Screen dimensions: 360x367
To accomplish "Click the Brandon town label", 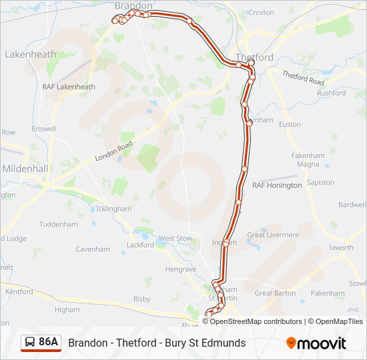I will coord(133,5).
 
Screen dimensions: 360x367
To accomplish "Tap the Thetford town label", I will coord(254,57).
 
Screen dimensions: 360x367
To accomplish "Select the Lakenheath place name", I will coord(29,54).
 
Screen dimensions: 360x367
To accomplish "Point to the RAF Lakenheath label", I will coord(68,87).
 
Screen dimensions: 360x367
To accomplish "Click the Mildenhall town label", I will coord(25,169).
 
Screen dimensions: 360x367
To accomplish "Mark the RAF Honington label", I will coord(277,185).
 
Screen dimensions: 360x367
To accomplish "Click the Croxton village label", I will coord(261,12).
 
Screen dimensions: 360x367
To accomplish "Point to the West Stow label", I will coord(175,238).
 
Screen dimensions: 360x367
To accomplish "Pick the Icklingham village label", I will coord(113,209).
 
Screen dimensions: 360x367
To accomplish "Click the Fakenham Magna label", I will coord(308,160).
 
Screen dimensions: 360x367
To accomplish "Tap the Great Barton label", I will coord(274,293).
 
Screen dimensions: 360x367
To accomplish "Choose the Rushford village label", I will coord(332,93).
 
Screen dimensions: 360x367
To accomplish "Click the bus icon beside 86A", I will coord(29,343).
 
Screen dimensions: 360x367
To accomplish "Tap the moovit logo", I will coord(316,343).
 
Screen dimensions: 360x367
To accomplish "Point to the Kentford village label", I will coord(19,291).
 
